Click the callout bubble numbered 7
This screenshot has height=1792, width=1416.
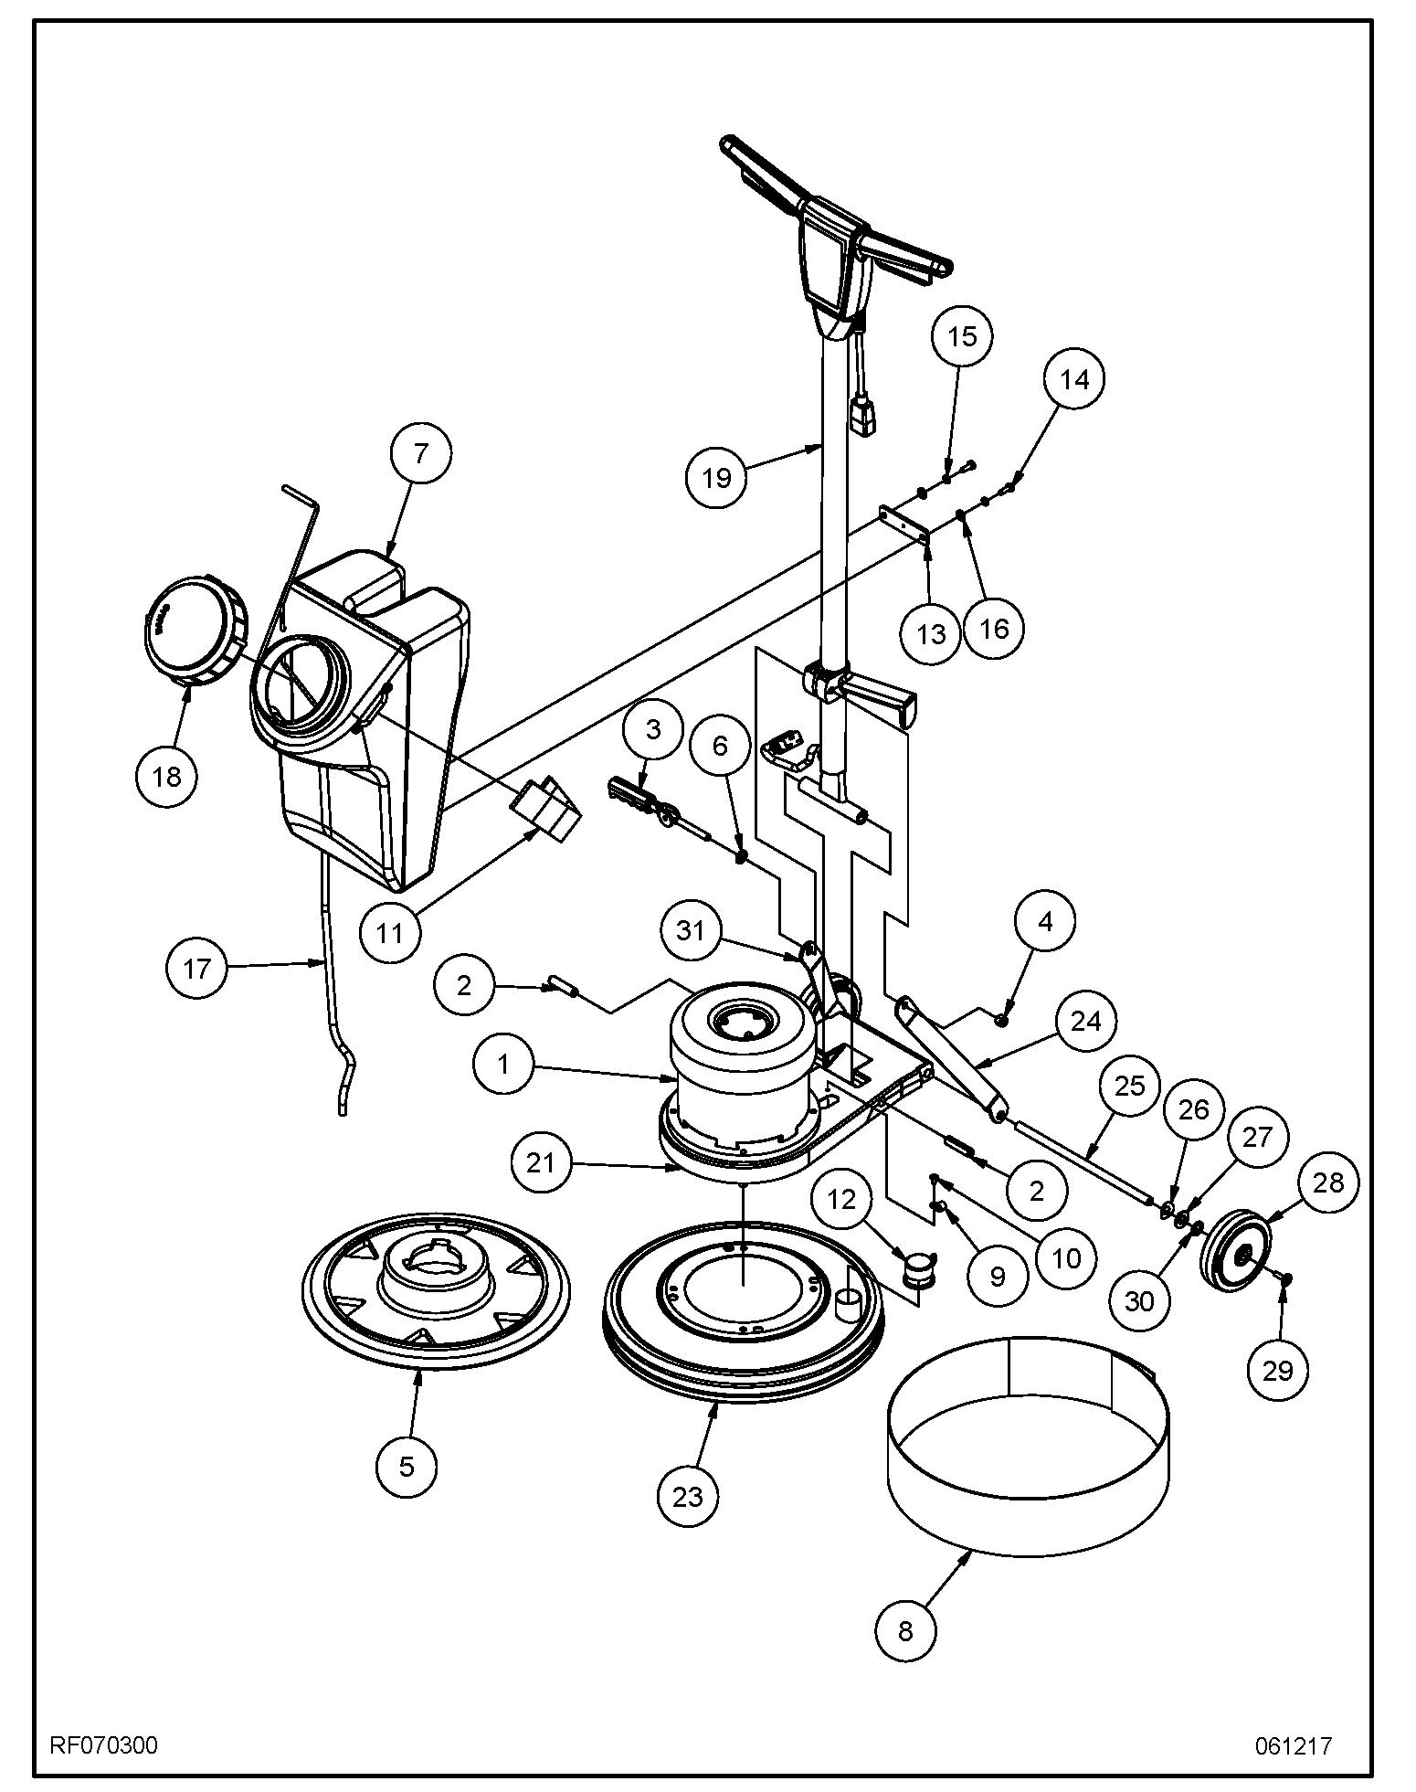coord(419,454)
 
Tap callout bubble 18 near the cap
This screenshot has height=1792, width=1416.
coord(166,776)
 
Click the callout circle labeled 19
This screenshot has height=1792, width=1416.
coord(717,477)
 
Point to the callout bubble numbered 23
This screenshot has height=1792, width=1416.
coord(688,1496)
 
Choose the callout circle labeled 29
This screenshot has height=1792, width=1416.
coord(1277,1370)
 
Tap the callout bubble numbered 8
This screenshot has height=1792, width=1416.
coord(905,1631)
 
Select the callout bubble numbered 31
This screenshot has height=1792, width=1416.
coord(692,930)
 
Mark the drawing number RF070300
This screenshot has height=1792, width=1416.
coord(103,1745)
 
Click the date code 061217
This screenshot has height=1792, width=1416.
coord(1293,1745)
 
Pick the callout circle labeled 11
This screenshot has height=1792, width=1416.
coord(390,933)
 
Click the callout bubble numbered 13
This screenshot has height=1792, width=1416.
coord(931,633)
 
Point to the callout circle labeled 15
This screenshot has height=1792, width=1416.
coord(962,336)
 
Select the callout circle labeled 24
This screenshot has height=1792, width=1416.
coord(1085,1021)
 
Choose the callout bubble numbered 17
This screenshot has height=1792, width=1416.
coord(197,968)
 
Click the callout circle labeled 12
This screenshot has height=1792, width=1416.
coord(842,1198)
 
